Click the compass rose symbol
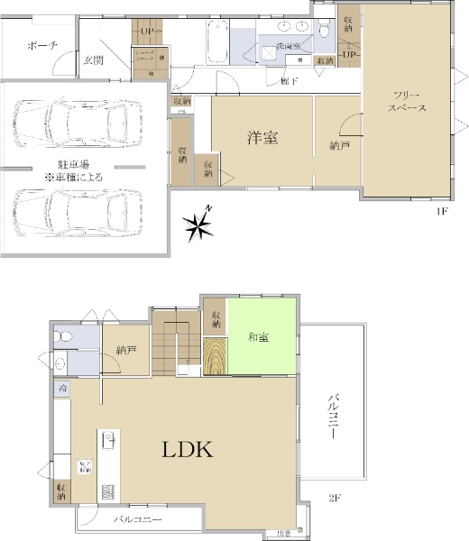(x=198, y=225)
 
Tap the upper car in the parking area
(x=79, y=118)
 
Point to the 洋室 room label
(x=262, y=138)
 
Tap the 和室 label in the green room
(x=259, y=338)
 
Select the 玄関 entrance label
(x=94, y=60)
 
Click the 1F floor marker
(x=442, y=210)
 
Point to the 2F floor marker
(x=336, y=497)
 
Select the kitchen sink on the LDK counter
(x=107, y=441)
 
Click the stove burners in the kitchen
(x=107, y=492)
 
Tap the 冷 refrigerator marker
(x=62, y=388)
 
